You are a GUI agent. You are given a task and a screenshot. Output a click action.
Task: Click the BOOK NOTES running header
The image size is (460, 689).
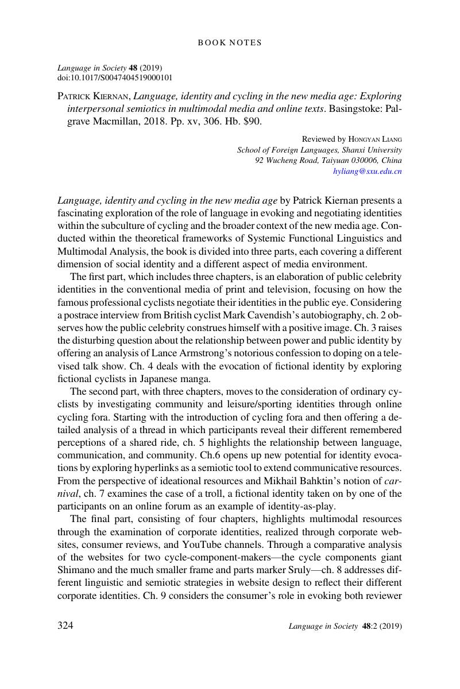230,42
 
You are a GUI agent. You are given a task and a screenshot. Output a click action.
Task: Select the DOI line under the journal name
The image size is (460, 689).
115,77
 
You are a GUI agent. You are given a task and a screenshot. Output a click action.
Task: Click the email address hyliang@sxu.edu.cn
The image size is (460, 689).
368,171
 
